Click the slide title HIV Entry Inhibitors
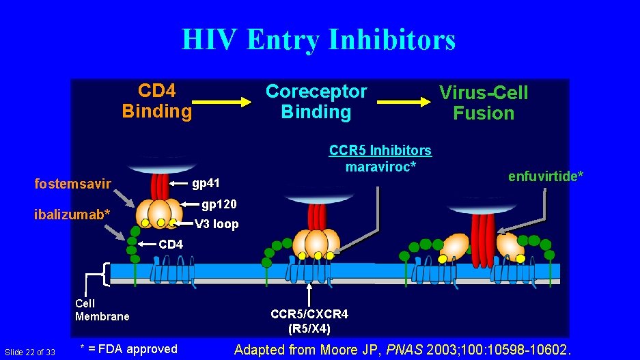[318, 40]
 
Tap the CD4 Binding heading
[157, 101]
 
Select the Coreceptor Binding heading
[316, 102]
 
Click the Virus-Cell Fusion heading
[484, 103]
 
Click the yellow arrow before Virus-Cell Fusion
[404, 102]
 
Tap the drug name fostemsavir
[73, 183]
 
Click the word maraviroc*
[380, 166]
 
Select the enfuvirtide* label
[546, 176]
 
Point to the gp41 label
[206, 183]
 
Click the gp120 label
[219, 204]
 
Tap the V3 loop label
[217, 223]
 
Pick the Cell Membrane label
[102, 309]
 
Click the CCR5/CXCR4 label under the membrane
[309, 314]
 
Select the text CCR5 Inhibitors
[380, 150]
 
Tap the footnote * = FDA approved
[128, 349]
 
